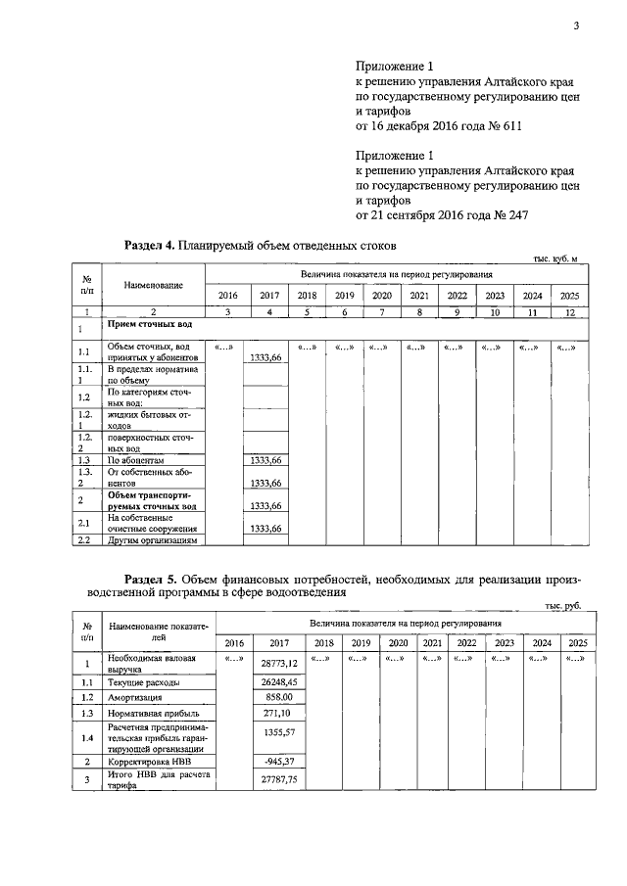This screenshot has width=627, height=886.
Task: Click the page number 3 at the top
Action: tap(576, 25)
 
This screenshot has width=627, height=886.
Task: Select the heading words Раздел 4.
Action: tap(148, 245)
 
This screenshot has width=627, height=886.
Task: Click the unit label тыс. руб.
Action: tap(561, 606)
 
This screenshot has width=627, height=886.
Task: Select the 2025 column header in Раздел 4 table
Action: tap(569, 296)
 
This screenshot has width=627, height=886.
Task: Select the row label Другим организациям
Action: tap(152, 539)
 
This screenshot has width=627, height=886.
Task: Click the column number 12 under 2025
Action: tap(569, 312)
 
